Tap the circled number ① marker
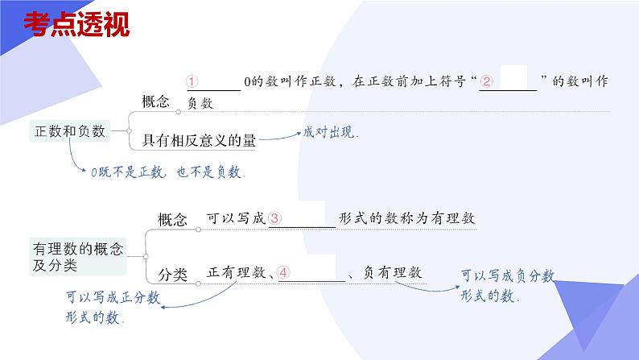tap(192, 81)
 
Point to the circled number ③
tap(275, 218)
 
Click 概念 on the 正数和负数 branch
tap(155, 101)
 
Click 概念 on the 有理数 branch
tap(172, 218)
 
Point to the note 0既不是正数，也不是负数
tap(167, 172)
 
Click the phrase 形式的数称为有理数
tap(407, 218)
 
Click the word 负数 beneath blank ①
tap(200, 103)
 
